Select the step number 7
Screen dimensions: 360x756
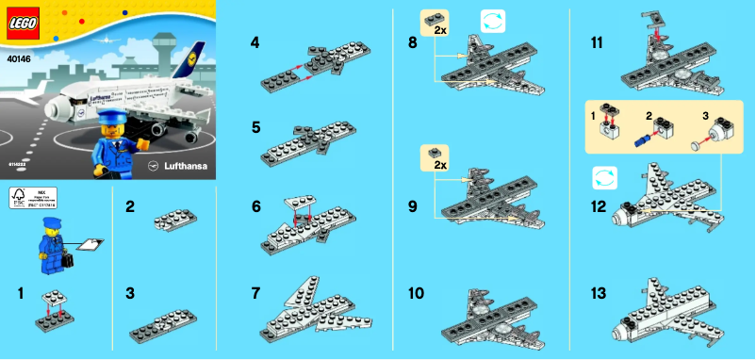click(255, 293)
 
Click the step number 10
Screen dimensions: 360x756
click(416, 293)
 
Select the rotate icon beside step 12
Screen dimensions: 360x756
click(604, 176)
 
